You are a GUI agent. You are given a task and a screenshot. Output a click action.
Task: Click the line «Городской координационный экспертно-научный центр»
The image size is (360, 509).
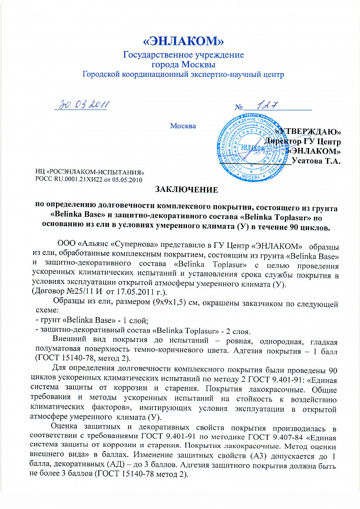pos(183,74)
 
